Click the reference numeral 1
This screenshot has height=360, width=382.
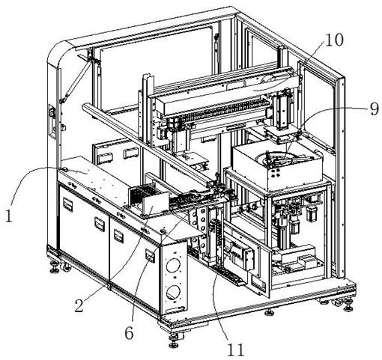click(9, 216)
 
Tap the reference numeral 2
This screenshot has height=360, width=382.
click(79, 305)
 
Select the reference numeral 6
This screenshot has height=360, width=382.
click(129, 333)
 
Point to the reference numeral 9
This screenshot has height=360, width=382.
click(374, 109)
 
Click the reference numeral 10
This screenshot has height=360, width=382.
click(335, 40)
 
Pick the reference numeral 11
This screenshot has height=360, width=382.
click(235, 350)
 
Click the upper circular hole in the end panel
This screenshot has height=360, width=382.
click(173, 265)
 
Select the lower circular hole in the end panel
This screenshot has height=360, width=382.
click(173, 292)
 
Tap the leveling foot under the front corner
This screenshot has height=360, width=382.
click(174, 341)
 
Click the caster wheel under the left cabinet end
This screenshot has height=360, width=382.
click(66, 268)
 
